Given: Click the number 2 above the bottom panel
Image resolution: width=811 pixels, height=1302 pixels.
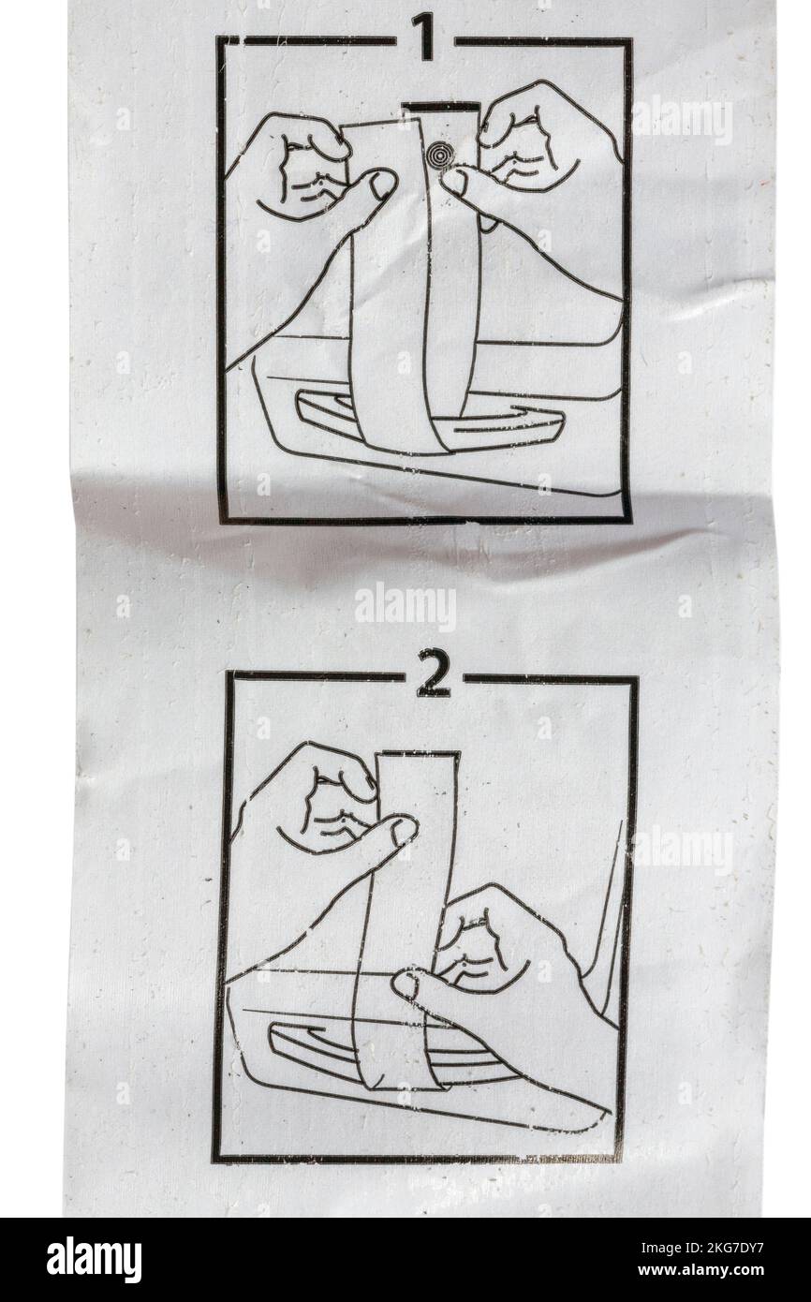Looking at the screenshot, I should (432, 676).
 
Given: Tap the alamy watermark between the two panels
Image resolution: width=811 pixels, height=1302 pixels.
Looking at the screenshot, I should (405, 607).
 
